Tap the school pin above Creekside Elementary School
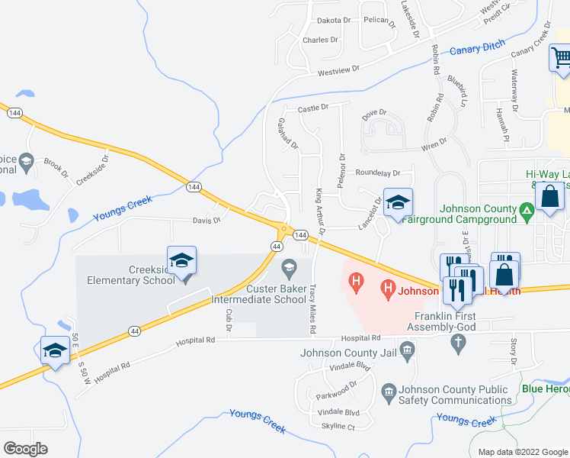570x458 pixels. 182,260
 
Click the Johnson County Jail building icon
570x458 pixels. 408,353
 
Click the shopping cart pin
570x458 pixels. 561,58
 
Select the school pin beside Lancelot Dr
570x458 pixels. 397,202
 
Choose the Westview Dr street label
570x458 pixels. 338,72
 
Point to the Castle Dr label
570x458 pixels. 312,108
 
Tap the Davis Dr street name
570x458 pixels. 206,221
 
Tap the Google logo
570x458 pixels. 25,449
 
